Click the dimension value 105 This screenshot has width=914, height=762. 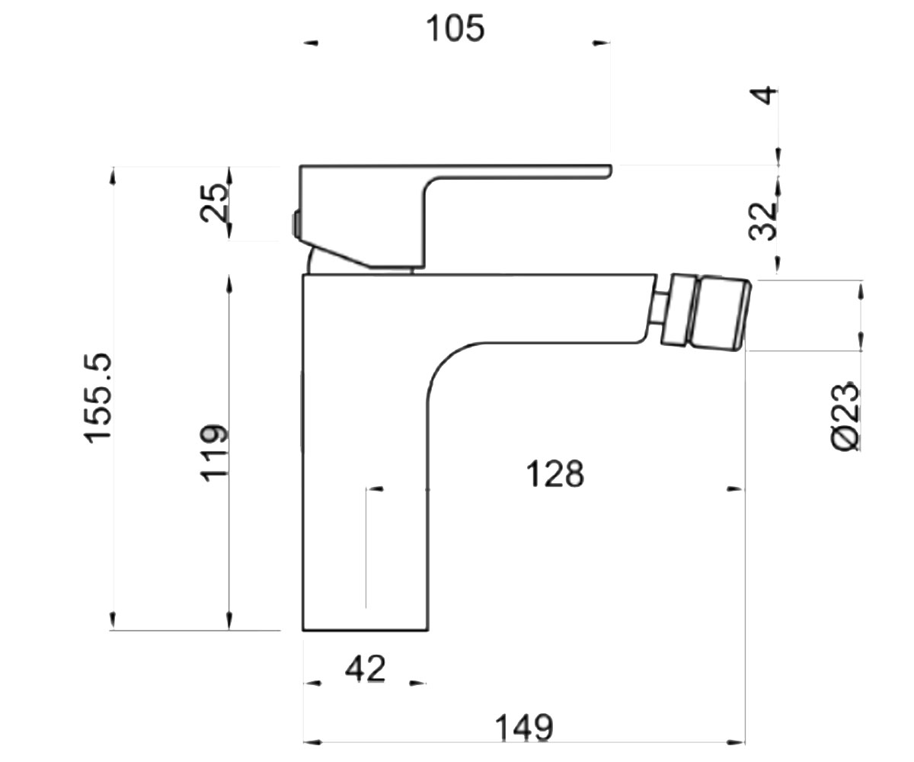[x=455, y=28]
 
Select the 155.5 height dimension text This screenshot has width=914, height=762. [x=98, y=398]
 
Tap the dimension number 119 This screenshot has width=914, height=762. [x=213, y=453]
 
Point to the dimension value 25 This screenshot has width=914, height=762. [x=213, y=203]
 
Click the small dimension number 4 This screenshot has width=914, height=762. [x=763, y=95]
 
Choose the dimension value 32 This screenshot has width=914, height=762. [x=763, y=222]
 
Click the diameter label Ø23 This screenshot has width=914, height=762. [x=845, y=415]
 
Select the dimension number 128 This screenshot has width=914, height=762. [x=554, y=474]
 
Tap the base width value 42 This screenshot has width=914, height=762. [x=365, y=669]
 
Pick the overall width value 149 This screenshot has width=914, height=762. [x=524, y=728]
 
